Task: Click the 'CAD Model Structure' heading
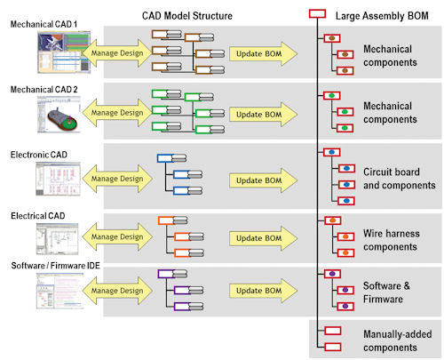coord(187,16)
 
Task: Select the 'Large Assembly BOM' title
coord(382,16)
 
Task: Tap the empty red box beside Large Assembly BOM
coord(317,13)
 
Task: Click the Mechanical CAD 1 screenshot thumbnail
coord(64,52)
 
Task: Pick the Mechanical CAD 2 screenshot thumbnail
coord(59,115)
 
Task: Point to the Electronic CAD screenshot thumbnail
coord(58,179)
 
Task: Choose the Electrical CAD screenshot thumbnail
coord(57,239)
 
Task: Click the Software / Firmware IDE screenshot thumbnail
coord(60,291)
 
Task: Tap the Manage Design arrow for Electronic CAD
coord(117,179)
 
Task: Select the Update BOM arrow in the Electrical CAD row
coord(263,238)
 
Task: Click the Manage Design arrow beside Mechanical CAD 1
coord(117,53)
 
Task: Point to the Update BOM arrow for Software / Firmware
coord(263,291)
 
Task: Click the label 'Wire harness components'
coord(392,240)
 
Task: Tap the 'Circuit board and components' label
coord(400,179)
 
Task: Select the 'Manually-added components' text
coord(398,340)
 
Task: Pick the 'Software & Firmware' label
coord(386,292)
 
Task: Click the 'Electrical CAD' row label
coord(38,216)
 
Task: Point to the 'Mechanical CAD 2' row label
coord(44,90)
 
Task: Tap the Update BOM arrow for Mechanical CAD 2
coord(263,115)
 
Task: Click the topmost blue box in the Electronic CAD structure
coord(165,158)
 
